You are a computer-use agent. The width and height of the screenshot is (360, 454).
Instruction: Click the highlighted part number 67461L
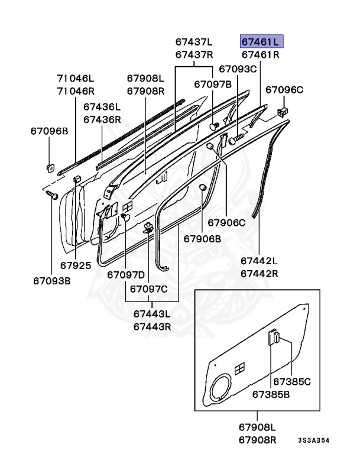tap(261, 42)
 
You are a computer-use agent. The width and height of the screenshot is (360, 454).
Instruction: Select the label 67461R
tap(260, 55)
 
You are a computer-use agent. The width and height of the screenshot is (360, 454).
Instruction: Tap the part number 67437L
tap(193, 42)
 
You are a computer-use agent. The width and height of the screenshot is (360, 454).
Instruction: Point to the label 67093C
tap(238, 69)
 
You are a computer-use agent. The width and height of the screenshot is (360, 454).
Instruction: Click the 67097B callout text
tap(213, 85)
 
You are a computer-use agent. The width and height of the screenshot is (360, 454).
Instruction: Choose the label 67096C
tap(284, 90)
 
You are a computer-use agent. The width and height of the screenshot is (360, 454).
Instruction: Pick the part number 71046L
tap(75, 78)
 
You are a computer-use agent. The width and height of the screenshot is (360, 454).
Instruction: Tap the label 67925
tap(76, 265)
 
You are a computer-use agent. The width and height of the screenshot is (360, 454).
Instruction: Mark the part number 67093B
tap(52, 280)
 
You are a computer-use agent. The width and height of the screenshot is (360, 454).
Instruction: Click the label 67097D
tap(126, 275)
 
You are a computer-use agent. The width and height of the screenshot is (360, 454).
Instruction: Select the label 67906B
tap(202, 239)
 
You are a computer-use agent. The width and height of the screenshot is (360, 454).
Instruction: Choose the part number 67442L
tap(259, 261)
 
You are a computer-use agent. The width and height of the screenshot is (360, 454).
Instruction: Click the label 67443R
tap(152, 326)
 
